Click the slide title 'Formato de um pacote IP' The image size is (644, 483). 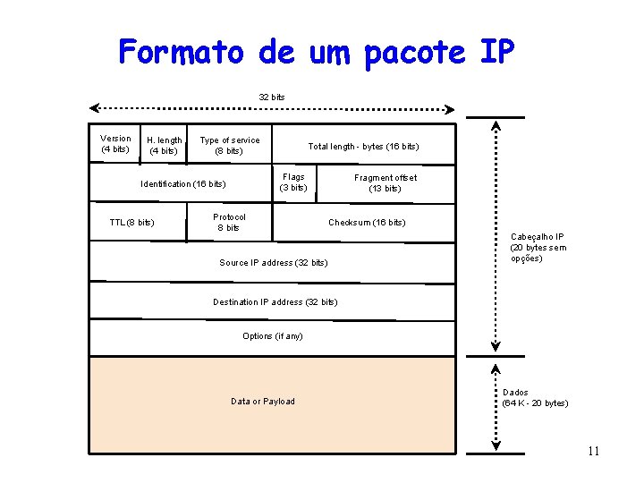[x=317, y=52]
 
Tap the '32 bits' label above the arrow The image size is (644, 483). [x=272, y=97]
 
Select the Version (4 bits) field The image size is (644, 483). [x=115, y=143]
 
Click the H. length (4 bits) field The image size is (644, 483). [x=164, y=145]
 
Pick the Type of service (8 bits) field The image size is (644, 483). [x=229, y=145]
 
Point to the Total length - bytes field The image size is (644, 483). [x=363, y=146]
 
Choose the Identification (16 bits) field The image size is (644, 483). [x=183, y=184]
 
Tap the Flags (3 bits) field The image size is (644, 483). [x=293, y=182]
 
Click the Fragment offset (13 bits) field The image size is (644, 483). [x=385, y=182]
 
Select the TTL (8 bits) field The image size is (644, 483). [x=131, y=222]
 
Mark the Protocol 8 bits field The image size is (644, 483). [x=229, y=222]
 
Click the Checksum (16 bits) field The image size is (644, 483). [x=367, y=222]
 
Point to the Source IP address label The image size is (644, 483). [x=274, y=262]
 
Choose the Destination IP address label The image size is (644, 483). [x=275, y=301]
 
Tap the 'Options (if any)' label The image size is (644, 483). [x=273, y=336]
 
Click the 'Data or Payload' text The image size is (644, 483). [x=263, y=401]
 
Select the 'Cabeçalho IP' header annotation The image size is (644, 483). [x=537, y=247]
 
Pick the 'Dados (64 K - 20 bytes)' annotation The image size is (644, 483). [x=535, y=398]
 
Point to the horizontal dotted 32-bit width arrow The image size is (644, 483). [x=272, y=109]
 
